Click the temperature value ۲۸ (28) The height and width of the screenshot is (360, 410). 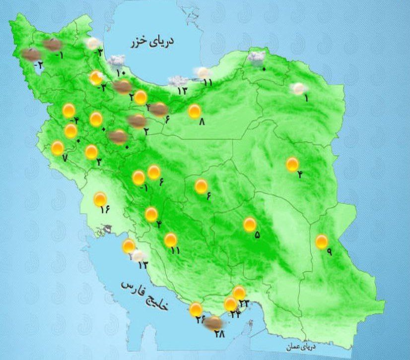pos(219,334)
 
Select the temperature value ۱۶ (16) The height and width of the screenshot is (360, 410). pos(104,209)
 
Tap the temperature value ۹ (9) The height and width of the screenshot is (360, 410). pos(329,251)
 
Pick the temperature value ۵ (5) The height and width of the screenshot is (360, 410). pos(257,235)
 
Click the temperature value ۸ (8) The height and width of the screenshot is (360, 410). pos(202,121)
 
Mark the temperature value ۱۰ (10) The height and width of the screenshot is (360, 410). pos(121,73)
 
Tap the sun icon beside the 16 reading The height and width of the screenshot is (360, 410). pos(101,199)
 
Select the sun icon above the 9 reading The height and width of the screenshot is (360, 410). pos(322,241)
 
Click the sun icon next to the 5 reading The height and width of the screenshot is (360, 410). pos(250,225)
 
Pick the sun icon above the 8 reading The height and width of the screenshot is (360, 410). pos(195,111)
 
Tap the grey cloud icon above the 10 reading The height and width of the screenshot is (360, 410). pos(117,61)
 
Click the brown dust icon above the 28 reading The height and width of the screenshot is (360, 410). pos(213,323)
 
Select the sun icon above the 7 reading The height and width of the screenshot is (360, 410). pos(58,148)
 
